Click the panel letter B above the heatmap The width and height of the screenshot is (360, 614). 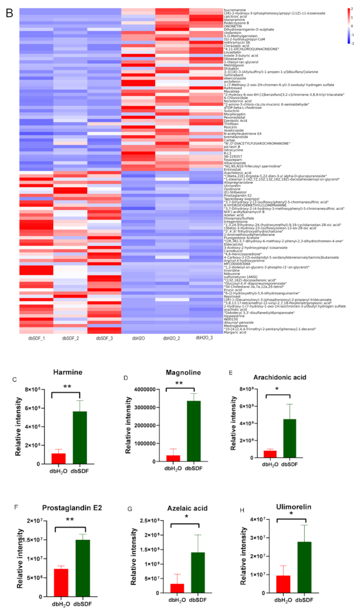9,11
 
